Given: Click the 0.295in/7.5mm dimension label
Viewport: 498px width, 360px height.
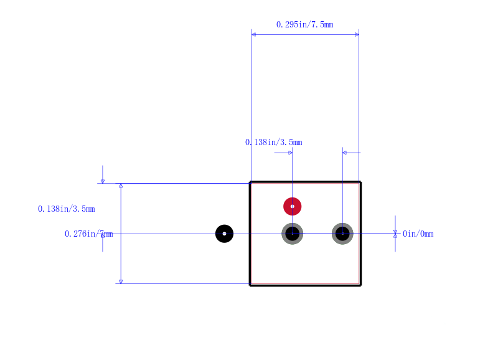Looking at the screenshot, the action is [304, 24].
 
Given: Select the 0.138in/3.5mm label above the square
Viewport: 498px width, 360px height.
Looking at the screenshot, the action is [273, 142].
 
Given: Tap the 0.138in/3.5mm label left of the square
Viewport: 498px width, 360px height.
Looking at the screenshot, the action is [67, 209].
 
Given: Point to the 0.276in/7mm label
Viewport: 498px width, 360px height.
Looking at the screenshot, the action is [88, 234].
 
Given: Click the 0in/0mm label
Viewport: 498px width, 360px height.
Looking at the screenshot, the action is [418, 234].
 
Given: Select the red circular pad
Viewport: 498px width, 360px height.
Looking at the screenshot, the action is [292, 207].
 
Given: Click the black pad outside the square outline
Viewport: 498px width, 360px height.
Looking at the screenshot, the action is [224, 234].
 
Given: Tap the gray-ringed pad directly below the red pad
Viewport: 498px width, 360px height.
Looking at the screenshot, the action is [292, 234].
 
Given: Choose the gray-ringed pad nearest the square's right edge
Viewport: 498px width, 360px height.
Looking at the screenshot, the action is [342, 234].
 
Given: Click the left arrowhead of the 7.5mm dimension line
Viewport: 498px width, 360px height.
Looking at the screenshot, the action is [253, 34].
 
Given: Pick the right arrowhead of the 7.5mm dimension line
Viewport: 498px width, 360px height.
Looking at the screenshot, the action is [357, 34].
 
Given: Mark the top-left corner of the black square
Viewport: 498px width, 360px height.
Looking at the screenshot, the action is [250, 182].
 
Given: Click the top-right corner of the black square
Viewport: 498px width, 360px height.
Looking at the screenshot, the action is [360, 182].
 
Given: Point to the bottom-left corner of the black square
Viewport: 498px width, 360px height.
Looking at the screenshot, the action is [250, 285].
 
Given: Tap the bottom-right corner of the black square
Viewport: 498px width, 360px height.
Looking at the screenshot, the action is [360, 285].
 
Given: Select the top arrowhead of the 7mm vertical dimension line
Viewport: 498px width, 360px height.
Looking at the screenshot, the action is [121, 186].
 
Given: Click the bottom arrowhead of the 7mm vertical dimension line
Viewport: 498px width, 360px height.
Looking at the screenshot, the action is [121, 282].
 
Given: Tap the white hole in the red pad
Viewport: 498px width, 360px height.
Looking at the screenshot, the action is [292, 207].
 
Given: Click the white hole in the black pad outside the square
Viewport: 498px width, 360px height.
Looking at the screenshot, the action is [224, 234].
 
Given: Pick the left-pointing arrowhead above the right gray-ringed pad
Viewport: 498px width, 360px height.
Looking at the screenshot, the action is [345, 153].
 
